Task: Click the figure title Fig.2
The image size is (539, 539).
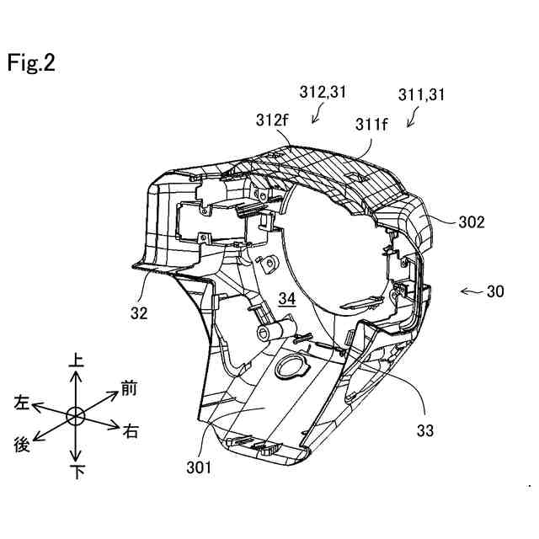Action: coord(32,64)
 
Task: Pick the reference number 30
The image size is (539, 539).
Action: coord(495,292)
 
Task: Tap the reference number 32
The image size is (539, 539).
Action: coord(139,312)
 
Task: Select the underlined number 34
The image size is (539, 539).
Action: coord(287,299)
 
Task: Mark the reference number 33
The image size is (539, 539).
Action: coord(424,430)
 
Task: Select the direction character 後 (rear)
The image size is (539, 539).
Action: coord(24,444)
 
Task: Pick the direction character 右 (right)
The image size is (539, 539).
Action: coord(131,432)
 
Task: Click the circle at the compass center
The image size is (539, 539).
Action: coord(76,416)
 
